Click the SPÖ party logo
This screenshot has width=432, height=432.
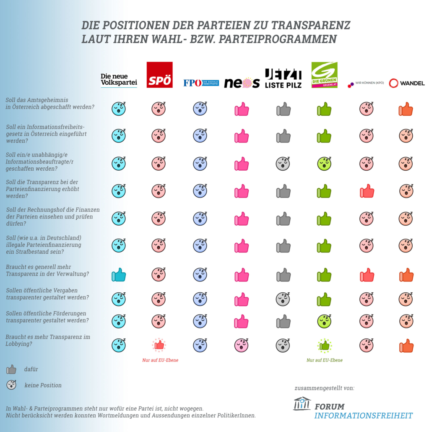(x=159, y=75)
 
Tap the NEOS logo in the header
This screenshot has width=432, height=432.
(x=242, y=83)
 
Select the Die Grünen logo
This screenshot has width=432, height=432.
(x=324, y=75)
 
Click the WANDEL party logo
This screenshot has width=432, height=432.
(x=406, y=83)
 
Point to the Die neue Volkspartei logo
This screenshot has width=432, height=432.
(x=119, y=80)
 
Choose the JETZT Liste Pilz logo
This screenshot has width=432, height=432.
(x=283, y=78)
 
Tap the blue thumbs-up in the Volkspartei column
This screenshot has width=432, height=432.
(x=119, y=275)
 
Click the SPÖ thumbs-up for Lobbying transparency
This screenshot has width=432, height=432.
(x=159, y=345)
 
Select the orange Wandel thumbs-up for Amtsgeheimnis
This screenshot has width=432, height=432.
(x=406, y=109)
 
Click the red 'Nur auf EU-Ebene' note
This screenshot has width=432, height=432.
(x=160, y=360)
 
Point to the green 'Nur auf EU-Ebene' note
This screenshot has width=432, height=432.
(x=325, y=360)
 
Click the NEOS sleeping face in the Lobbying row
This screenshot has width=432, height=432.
(x=242, y=345)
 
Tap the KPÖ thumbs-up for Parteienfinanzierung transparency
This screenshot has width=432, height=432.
(x=367, y=191)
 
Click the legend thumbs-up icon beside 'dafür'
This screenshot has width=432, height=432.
(x=11, y=370)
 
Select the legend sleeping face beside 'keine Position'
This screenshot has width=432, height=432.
(x=12, y=385)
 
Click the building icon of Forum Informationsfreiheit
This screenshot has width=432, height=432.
(x=302, y=403)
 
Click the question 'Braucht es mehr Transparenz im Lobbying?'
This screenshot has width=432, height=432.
(x=48, y=340)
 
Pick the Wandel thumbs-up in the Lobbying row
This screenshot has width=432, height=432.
(x=406, y=346)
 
